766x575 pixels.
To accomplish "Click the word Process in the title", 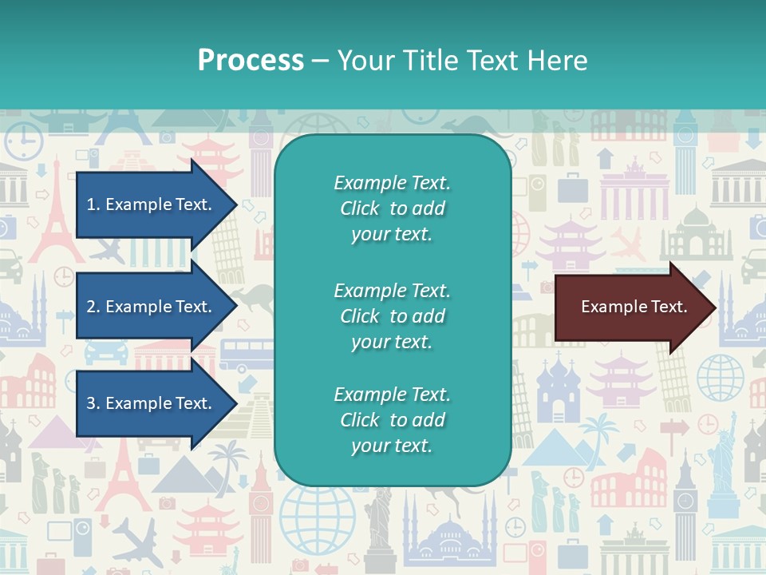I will tap(251, 60).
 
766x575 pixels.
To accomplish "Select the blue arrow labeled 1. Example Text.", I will tap(150, 204).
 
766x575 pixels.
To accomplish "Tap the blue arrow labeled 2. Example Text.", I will tap(150, 307).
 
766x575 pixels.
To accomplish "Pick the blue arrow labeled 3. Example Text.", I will tap(150, 403).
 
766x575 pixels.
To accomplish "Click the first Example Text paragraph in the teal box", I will tap(392, 208).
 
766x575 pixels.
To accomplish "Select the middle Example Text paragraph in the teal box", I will tap(392, 316).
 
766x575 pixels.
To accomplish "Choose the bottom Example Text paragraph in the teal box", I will tap(392, 420).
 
